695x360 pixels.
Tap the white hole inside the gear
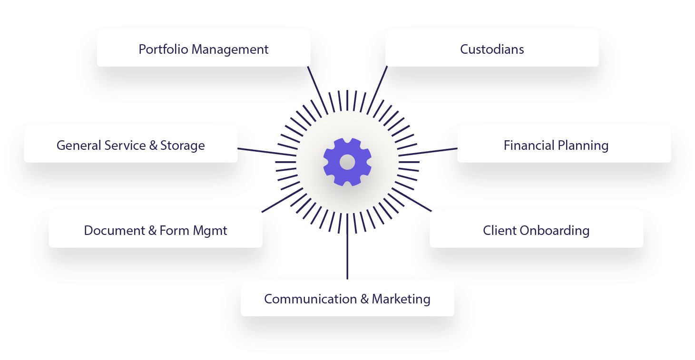coord(347,162)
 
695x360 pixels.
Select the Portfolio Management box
coord(204,49)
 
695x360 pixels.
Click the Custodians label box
coord(492,49)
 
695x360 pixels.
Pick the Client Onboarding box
coord(536,230)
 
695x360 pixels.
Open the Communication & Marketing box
coord(347,299)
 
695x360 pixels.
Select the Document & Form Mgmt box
coord(156,230)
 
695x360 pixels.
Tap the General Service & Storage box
coord(131,145)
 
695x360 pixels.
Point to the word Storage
coord(182,145)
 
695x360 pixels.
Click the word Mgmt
coord(210,231)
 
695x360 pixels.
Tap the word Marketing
coord(401,299)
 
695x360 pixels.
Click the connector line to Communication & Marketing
coord(347,257)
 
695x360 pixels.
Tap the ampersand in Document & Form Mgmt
coord(152,231)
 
